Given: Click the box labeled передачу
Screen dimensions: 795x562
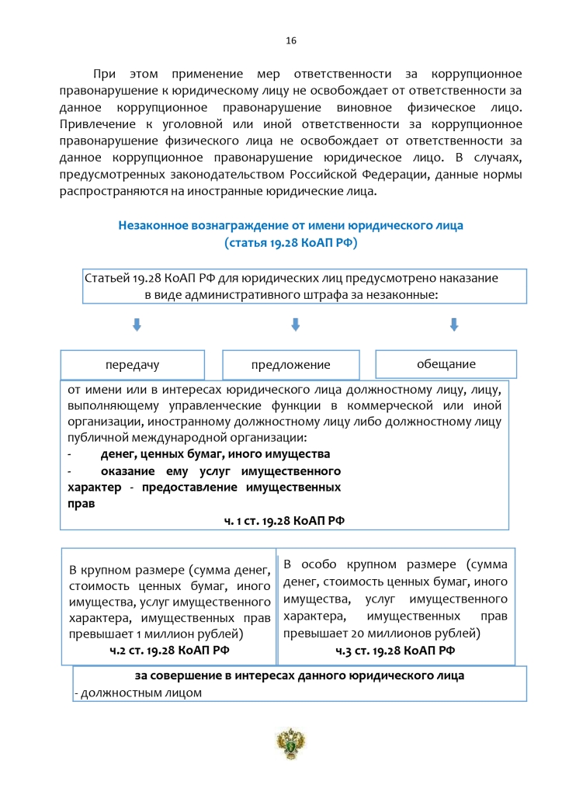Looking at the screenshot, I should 133,365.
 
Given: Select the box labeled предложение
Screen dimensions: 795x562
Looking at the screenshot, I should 291,365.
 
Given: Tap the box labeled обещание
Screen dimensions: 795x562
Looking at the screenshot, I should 446,363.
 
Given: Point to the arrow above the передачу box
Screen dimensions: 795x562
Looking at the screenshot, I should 137,325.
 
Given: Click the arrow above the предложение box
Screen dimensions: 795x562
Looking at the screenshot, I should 295,325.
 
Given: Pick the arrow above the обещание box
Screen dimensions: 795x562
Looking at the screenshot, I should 454,325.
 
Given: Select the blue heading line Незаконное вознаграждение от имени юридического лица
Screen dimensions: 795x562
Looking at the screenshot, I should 290,226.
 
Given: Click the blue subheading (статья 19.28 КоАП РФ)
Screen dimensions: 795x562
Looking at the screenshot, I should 290,243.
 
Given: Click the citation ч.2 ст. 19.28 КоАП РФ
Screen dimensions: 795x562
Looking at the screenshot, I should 170,650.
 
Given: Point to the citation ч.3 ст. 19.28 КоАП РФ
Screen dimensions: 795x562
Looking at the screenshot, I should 395,650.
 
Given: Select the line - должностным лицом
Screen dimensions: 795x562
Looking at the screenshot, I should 139,693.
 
